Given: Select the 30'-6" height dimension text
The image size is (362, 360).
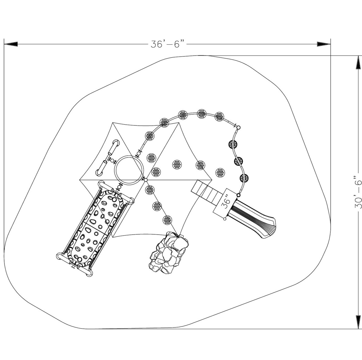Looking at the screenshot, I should (x=357, y=192).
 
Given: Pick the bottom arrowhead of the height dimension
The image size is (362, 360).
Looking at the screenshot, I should (x=357, y=322).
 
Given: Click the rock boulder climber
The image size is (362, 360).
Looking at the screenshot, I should (x=168, y=252).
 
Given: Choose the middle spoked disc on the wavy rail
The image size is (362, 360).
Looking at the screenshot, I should (x=239, y=161).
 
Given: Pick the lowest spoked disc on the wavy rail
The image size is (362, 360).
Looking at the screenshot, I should (x=244, y=178).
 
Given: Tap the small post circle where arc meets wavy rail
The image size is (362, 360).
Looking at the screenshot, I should (x=238, y=128).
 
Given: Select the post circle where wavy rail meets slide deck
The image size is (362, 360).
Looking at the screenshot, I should (x=238, y=195).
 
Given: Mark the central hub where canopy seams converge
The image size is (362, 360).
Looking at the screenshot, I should (x=146, y=180).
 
